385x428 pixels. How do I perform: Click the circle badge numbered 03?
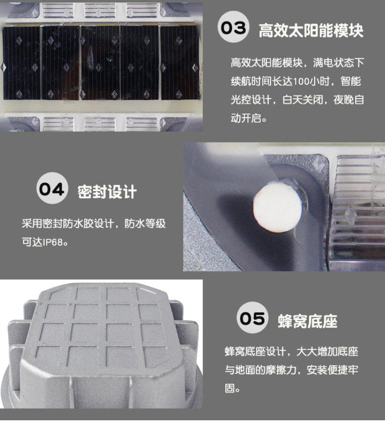(x=233, y=27)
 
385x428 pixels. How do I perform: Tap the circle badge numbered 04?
(x=52, y=188)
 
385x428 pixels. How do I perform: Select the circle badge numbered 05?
(x=252, y=317)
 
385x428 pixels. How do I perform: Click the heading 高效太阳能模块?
(x=311, y=30)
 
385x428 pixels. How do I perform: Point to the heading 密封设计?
(x=107, y=192)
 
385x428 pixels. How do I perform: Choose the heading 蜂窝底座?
(x=308, y=321)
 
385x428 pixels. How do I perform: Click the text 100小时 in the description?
(x=311, y=81)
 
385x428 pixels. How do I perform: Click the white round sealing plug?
(x=278, y=208)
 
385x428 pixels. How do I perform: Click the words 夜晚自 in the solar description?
(x=349, y=100)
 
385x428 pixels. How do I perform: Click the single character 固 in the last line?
(x=230, y=388)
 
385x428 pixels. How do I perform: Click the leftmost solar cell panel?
(x=21, y=63)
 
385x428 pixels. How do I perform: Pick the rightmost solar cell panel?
(x=180, y=63)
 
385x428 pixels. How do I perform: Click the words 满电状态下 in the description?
(x=339, y=63)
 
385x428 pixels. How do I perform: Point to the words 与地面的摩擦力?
(x=260, y=370)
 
